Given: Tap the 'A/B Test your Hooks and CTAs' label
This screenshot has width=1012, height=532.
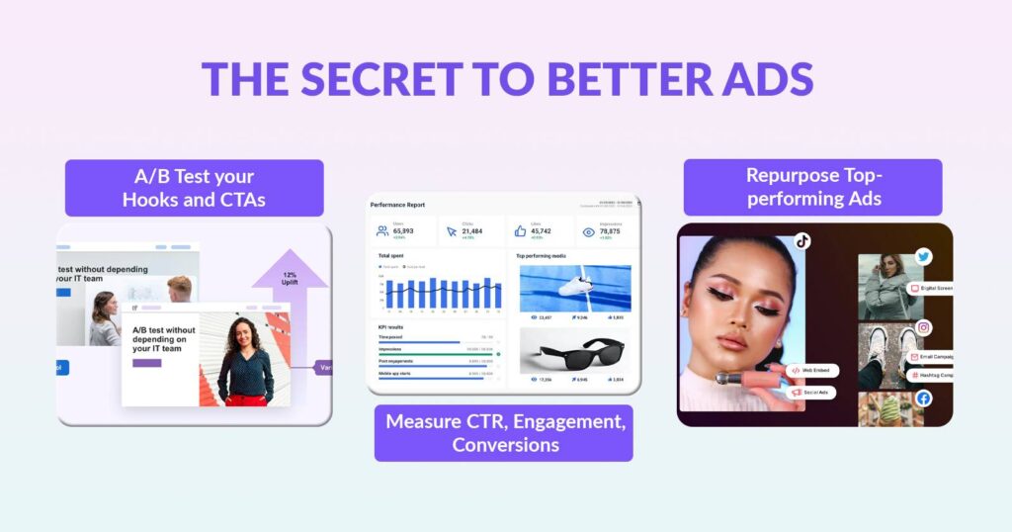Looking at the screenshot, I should [195, 188].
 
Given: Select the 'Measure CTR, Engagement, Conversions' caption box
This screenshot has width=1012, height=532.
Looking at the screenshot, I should [504, 433].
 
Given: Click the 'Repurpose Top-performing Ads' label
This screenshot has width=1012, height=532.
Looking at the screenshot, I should [812, 187].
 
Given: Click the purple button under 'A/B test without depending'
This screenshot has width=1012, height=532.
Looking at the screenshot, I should [146, 363].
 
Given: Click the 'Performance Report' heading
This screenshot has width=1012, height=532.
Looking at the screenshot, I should [397, 205].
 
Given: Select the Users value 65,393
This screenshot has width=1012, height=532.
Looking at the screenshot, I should [403, 230].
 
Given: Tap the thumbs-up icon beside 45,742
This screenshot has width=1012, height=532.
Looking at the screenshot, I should [520, 231].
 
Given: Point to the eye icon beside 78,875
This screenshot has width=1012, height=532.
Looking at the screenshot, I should [589, 232].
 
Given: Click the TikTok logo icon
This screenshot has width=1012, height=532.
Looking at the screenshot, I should [802, 240].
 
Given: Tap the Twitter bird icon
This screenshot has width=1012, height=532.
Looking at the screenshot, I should [923, 257].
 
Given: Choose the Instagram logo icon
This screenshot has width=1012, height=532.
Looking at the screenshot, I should [923, 327].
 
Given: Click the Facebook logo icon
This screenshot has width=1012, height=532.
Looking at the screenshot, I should [923, 399].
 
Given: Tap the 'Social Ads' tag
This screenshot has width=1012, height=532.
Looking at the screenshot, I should [812, 393].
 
